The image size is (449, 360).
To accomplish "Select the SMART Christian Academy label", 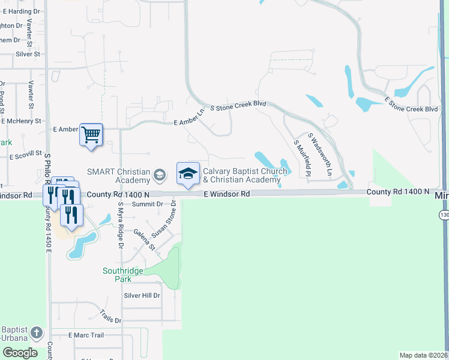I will [x=118, y=176].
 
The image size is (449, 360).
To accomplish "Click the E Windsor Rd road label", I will [x=226, y=194].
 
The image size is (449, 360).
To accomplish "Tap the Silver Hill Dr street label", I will [x=142, y=295].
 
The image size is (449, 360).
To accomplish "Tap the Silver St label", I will [x=28, y=54].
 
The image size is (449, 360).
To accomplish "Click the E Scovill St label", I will [x=25, y=155].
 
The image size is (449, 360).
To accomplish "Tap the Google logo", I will [x=20, y=352].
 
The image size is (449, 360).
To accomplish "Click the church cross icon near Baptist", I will [x=37, y=332].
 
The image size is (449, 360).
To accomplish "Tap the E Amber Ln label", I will [x=190, y=122].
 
